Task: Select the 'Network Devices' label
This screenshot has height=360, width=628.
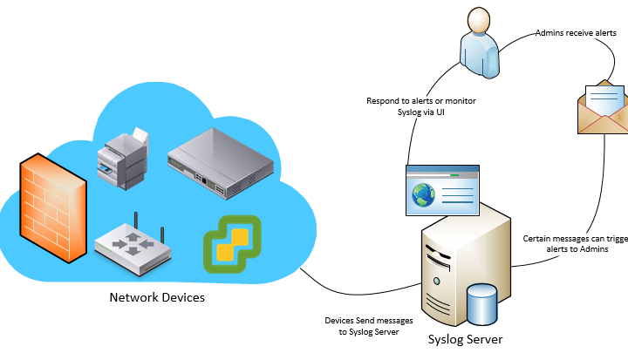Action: pos(157,297)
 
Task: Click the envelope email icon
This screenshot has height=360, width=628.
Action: pos(603,108)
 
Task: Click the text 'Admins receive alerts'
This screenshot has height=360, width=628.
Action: pos(576,33)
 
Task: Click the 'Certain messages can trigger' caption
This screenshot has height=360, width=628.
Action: pos(574,238)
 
